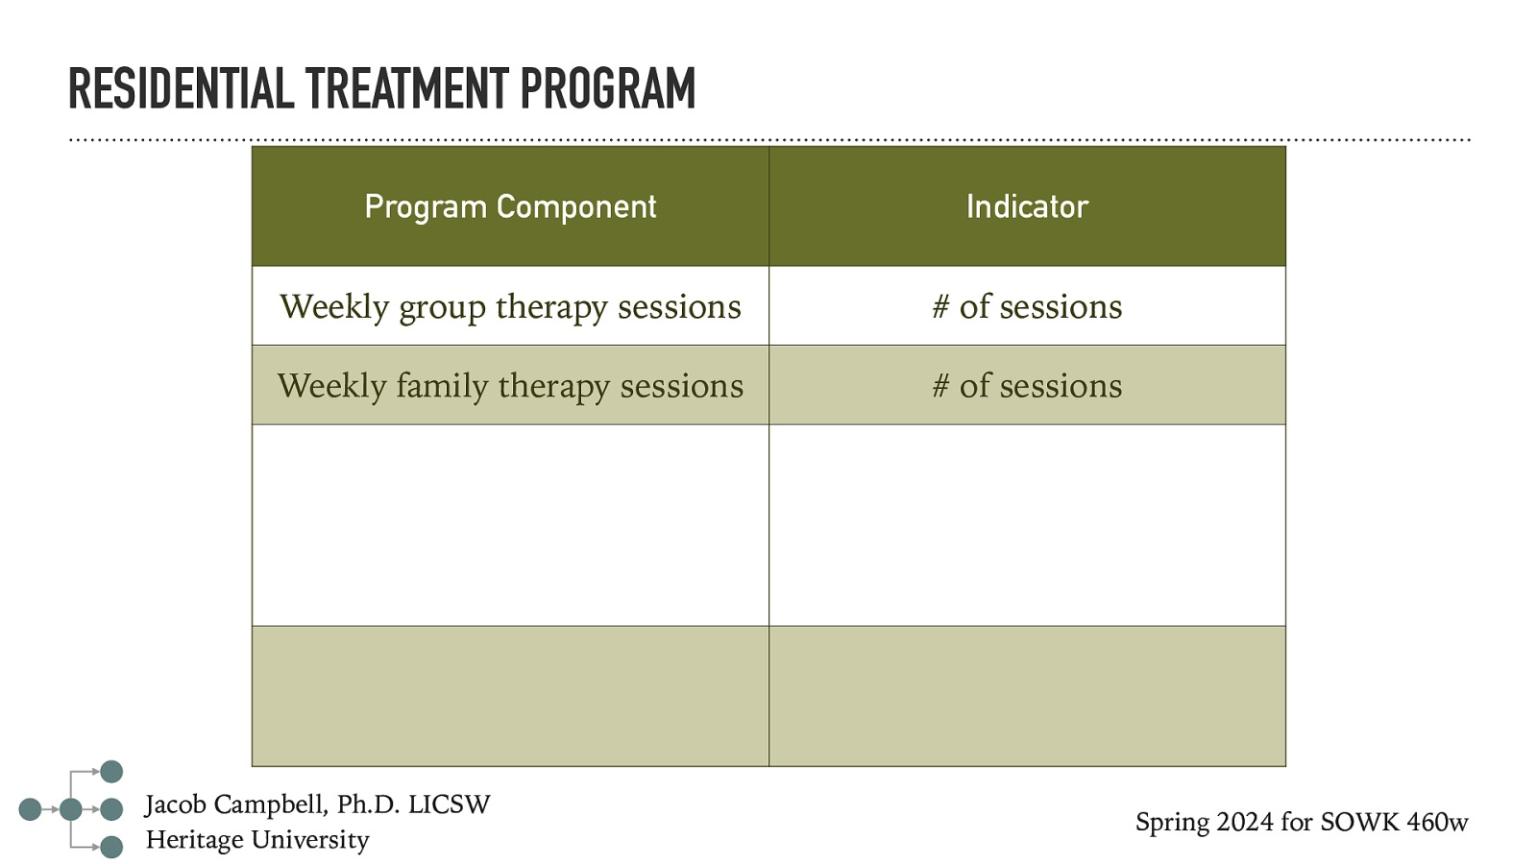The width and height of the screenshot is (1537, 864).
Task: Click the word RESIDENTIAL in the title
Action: pyautogui.click(x=181, y=89)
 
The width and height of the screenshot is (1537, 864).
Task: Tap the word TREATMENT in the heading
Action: pyautogui.click(x=407, y=89)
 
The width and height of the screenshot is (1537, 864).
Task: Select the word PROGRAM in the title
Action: pyautogui.click(x=607, y=89)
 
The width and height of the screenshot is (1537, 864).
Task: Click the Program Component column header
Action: pyautogui.click(x=510, y=206)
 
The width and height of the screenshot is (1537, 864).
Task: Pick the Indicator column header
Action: pyautogui.click(x=1027, y=206)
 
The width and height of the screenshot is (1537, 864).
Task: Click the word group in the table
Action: pyautogui.click(x=442, y=308)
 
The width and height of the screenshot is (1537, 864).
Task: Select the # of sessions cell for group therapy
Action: pyautogui.click(x=1027, y=306)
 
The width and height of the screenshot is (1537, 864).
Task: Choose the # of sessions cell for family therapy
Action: pyautogui.click(x=1027, y=386)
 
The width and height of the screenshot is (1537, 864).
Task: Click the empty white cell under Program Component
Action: pyautogui.click(x=510, y=525)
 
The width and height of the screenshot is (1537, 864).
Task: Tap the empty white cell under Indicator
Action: pyautogui.click(x=1027, y=525)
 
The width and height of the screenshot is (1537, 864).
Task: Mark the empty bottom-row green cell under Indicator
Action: pyautogui.click(x=1027, y=696)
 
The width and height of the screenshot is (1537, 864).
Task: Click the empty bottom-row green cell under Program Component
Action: pyautogui.click(x=510, y=696)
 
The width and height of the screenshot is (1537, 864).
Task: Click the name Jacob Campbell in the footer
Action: pyautogui.click(x=234, y=804)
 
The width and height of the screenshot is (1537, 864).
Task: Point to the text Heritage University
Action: pyautogui.click(x=257, y=840)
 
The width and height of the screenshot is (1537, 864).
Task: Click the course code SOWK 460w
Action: pyautogui.click(x=1394, y=823)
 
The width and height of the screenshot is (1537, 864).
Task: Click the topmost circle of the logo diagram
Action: pyautogui.click(x=111, y=772)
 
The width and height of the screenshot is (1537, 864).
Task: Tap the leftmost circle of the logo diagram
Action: pyautogui.click(x=30, y=809)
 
